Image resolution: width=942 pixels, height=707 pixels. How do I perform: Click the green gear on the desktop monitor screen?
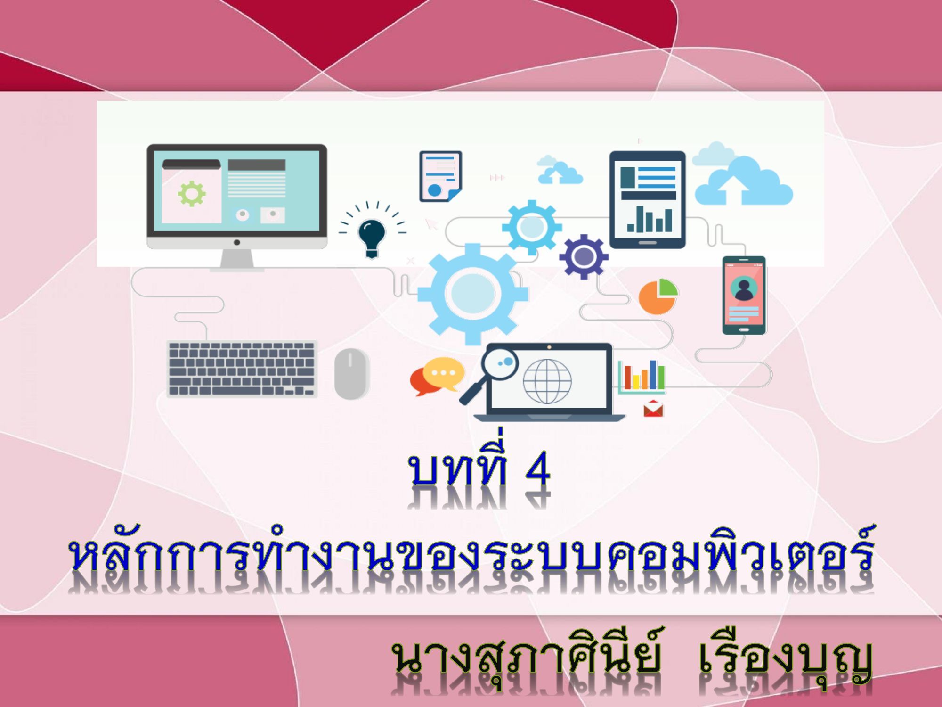coord(191,193)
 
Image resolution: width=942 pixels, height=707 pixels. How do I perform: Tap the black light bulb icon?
coord(372,238)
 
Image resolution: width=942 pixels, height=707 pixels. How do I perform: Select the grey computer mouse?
coord(351,373)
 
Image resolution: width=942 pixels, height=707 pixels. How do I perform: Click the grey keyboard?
coord(242,369)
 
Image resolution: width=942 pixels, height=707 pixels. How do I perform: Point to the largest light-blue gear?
coord(473,293)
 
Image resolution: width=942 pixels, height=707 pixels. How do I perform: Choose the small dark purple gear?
coord(584,257)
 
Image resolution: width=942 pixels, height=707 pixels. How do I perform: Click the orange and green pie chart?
coord(658,296)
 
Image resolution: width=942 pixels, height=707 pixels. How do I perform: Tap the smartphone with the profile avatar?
coord(744,295)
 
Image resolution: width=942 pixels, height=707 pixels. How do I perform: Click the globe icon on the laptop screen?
coord(547,381)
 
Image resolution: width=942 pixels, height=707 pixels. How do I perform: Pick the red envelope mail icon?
coord(653,409)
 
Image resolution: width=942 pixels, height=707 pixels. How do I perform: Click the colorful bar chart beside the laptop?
coord(642,377)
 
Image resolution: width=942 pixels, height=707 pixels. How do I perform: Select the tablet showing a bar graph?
coord(648,199)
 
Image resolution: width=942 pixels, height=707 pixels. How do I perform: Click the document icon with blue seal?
coord(440,176)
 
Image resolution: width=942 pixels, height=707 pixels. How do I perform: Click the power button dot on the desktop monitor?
coord(237,242)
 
